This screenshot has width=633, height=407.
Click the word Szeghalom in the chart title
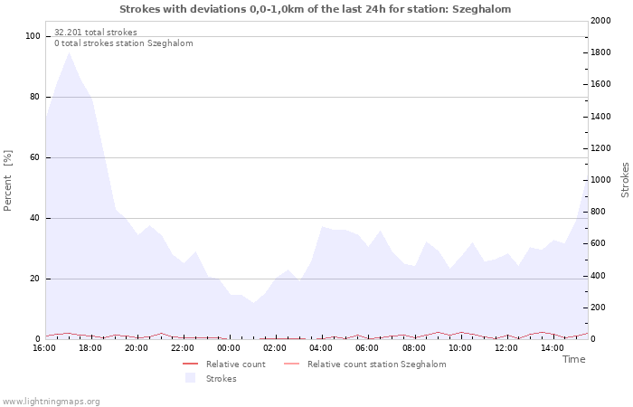tap(481, 9)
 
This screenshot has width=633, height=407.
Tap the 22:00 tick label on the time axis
tap(183, 348)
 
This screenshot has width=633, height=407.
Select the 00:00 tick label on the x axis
tap(229, 348)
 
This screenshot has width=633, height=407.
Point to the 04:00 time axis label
tap(321, 348)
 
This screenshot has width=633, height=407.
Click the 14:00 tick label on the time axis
tap(553, 348)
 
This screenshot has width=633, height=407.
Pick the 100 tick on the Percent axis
tap(33, 36)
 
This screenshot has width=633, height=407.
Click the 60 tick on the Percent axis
tap(35, 157)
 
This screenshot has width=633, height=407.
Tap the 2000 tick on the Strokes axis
tap(600, 21)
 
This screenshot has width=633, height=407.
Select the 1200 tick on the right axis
tap(600, 148)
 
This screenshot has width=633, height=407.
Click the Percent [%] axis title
tap(7, 181)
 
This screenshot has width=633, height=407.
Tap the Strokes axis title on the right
tap(625, 180)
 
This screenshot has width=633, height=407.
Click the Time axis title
tap(574, 359)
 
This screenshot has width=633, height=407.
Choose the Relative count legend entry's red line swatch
tap(190, 364)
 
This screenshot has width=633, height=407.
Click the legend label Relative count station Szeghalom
tap(377, 364)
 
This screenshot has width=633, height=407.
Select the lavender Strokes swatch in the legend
tap(190, 378)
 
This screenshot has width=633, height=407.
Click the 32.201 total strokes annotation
tap(96, 33)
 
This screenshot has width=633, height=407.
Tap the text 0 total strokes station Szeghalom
tap(124, 43)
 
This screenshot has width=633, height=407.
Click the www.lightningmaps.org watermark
tap(50, 402)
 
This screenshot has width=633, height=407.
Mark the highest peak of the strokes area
tap(69, 52)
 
